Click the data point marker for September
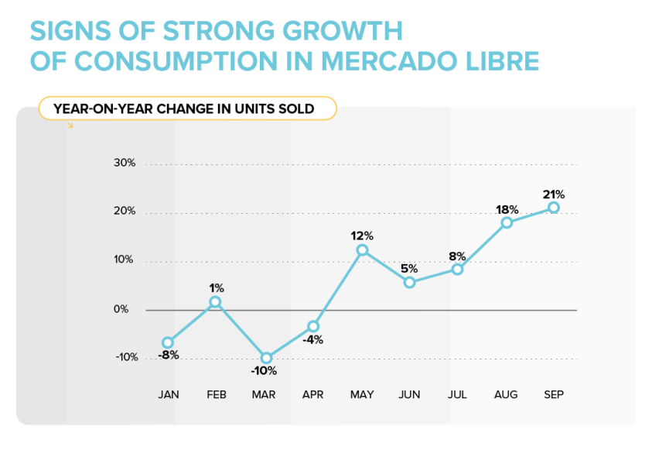coord(553,207)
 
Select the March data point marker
coord(267,358)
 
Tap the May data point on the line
coord(362,250)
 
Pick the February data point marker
coord(215,302)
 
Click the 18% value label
coord(507,209)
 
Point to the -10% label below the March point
coord(263,370)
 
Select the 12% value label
coord(362,236)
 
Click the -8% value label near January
coord(169,355)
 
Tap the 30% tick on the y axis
coord(125,163)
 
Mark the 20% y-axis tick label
coord(125,212)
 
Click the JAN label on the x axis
coord(168,394)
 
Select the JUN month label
coord(409,394)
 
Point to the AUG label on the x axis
coord(506,394)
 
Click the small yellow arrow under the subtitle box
coord(70,125)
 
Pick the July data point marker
coord(457,270)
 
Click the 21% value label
coord(553,194)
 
